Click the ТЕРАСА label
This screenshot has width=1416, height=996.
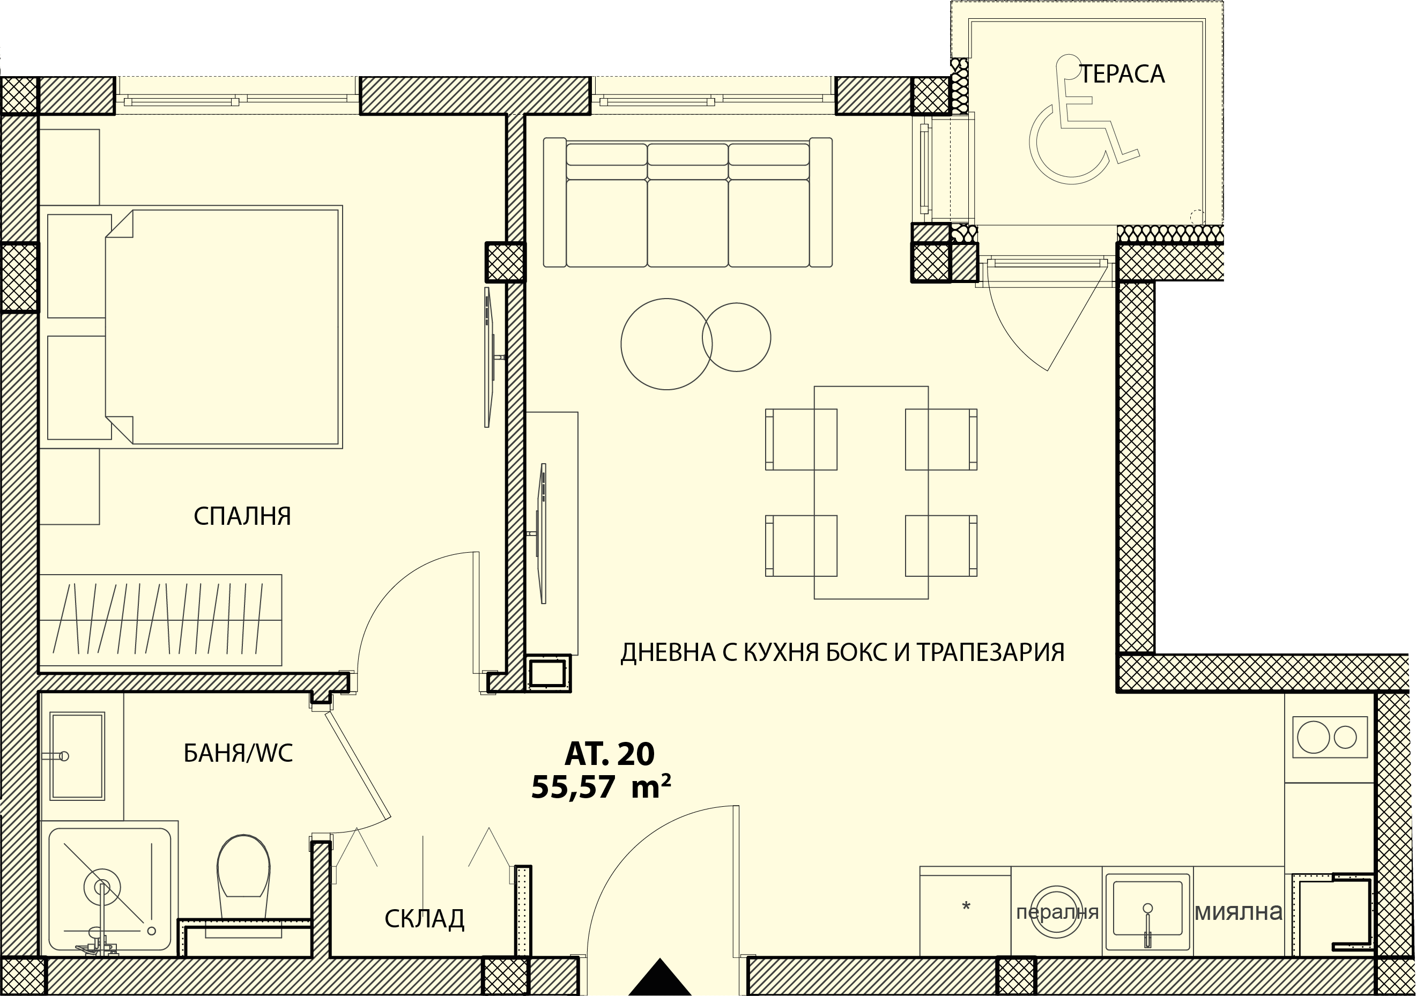1122,74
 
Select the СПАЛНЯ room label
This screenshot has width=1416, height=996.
242,516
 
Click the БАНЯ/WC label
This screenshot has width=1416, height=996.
238,753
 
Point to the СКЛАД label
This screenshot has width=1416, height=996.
424,919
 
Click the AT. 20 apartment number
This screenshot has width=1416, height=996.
609,754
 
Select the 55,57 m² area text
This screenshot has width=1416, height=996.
600,787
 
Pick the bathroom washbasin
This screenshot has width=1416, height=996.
77,756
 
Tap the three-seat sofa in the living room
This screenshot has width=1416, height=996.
688,202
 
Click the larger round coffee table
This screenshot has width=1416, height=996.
666,344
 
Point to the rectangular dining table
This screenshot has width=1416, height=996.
871,493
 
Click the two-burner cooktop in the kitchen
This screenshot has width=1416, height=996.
1330,738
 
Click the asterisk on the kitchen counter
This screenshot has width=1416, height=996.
966,906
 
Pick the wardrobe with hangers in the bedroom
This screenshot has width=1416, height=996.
160,620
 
